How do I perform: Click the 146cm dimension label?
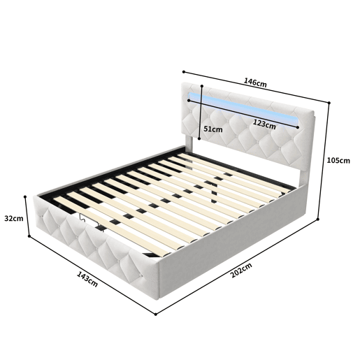coord(255,83)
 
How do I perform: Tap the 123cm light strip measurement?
coord(264,124)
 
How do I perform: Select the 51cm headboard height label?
coord(213,129)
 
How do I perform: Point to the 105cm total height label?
coord(338,161)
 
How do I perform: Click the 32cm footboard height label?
coord(14,218)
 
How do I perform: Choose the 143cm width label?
coord(87,279)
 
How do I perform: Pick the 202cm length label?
coord(241,271)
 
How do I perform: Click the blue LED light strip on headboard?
coord(243,109)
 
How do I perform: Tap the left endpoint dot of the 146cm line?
coord(184,72)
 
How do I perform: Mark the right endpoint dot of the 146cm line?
coord(329,103)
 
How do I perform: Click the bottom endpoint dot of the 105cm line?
coord(318,219)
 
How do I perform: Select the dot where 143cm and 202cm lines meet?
coord(156,315)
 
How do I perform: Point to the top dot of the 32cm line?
coord(25,196)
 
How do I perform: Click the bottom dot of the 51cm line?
coord(199,138)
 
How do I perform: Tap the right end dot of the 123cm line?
coord(298,127)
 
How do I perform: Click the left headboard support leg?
coord(189,141)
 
